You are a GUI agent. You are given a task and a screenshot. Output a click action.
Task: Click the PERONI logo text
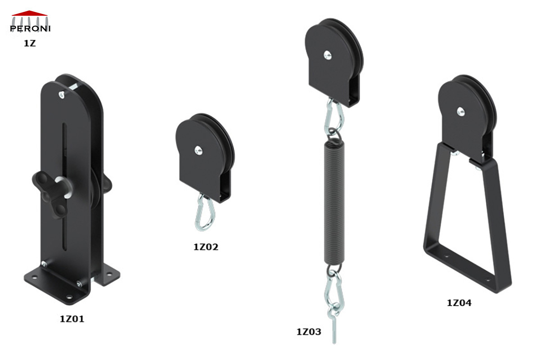click(x=30, y=29)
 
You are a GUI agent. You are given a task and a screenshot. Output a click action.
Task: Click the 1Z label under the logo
click(x=30, y=44)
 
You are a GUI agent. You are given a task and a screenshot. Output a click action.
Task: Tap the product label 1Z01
click(x=72, y=319)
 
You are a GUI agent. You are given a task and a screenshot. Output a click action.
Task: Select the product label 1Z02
click(x=206, y=247)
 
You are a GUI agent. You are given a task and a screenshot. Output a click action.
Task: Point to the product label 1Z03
click(x=308, y=332)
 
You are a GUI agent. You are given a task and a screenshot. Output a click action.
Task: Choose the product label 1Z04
click(x=459, y=303)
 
